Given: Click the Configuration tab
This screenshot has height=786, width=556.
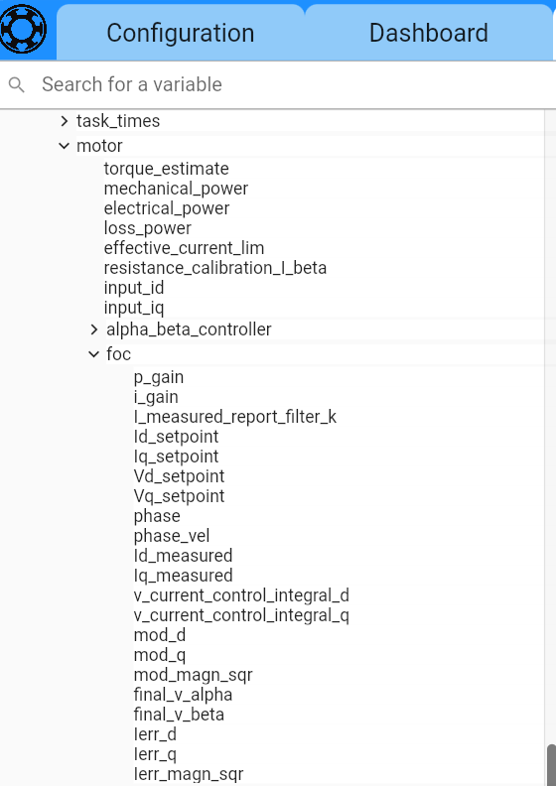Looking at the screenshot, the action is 181,33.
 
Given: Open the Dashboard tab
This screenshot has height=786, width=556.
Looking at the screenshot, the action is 429,33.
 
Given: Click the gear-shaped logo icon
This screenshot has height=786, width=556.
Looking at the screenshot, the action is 23,29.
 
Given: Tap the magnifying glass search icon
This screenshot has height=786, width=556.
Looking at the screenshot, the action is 17,84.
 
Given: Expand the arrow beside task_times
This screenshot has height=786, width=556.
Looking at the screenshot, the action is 65,121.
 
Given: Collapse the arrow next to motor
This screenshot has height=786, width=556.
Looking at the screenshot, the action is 65,146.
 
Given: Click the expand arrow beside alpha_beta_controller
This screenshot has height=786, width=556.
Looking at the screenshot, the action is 94,329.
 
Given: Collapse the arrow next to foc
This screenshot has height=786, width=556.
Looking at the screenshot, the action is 93,354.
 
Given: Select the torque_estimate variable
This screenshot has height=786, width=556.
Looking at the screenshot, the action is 167,169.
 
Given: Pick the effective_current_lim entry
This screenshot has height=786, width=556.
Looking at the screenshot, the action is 184,248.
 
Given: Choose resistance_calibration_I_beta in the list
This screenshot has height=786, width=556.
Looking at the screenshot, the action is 215,268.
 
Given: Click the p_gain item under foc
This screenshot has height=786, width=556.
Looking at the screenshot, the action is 159,377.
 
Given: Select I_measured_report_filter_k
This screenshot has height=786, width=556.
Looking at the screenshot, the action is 235,417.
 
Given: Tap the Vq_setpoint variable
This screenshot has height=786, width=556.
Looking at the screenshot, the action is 179,496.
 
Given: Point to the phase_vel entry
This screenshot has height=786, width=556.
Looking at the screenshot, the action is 172,536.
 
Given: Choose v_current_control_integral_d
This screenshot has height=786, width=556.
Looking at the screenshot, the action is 241,595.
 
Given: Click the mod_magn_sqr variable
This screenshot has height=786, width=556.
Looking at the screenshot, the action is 193,675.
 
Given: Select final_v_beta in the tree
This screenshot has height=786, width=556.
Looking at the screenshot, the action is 179,715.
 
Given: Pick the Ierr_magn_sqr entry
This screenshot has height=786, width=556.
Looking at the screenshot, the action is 189,774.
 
